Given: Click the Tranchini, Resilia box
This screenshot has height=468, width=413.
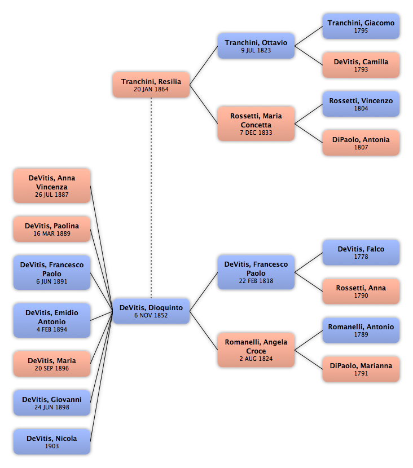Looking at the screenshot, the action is [151, 85].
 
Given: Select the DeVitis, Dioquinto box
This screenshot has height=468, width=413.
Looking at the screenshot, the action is [151, 311].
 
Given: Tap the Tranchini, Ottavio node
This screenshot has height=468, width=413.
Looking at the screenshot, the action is [256, 46].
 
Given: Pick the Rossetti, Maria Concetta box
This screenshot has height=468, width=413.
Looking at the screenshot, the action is [256, 123].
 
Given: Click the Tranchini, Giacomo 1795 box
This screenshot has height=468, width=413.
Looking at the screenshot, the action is [361, 27].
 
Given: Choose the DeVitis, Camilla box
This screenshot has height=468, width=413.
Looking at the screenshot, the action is [361, 65].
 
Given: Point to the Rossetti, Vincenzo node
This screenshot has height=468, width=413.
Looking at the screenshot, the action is [361, 104].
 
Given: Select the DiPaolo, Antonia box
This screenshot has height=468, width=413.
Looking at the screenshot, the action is [361, 143].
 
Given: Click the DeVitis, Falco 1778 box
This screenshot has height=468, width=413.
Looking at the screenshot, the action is [361, 253].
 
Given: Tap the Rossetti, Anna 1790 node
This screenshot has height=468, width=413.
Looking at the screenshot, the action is [361, 292].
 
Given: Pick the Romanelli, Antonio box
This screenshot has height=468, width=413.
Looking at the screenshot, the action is [361, 330].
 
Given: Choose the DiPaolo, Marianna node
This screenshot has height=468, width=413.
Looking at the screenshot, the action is [361, 369].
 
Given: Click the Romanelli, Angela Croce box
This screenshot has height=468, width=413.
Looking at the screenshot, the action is [256, 350].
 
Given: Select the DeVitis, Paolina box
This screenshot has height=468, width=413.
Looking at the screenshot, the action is [52, 229].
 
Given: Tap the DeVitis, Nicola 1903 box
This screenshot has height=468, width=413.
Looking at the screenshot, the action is [52, 441].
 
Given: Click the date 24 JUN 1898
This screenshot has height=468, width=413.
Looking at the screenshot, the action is [52, 407].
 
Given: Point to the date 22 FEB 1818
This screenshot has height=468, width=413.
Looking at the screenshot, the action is [256, 281].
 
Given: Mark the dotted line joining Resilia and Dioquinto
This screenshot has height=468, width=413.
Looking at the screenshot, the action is [151, 198].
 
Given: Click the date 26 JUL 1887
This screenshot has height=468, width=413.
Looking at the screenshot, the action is [52, 195].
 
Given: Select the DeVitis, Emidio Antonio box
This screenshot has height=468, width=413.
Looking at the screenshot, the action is [52, 321].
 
